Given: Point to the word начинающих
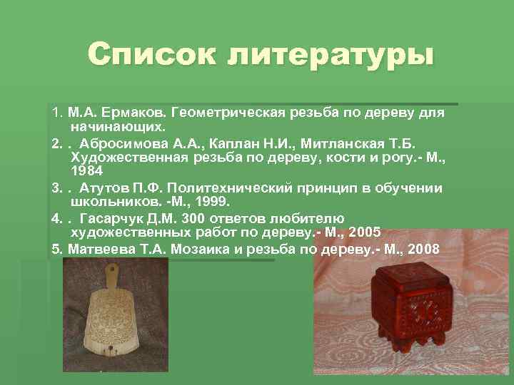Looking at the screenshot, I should [118, 127].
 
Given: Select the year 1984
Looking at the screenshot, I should [87, 172].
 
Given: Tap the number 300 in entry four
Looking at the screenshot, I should [195, 219].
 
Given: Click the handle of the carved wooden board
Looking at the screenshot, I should [111, 274].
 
